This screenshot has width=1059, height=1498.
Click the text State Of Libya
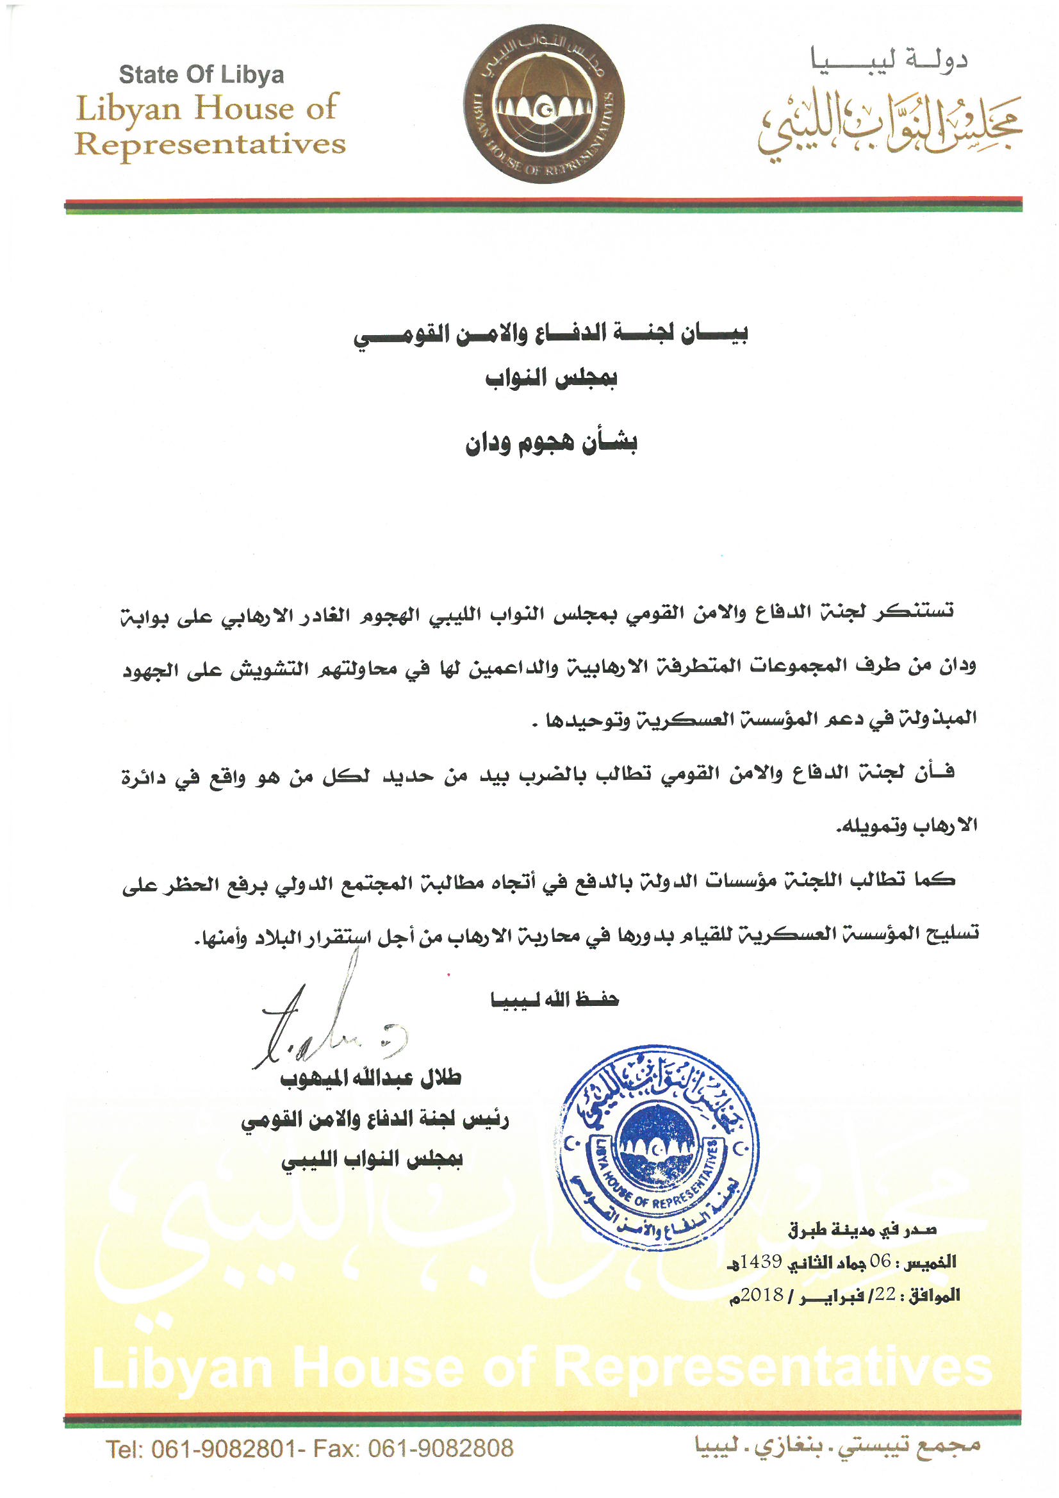201,75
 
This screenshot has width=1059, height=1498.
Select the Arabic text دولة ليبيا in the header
889,61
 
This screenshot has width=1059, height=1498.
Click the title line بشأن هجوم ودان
551,443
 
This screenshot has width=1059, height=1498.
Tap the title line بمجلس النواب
552,379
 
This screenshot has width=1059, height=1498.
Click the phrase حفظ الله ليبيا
555,1000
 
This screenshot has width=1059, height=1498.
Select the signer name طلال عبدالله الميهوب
370,1078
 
